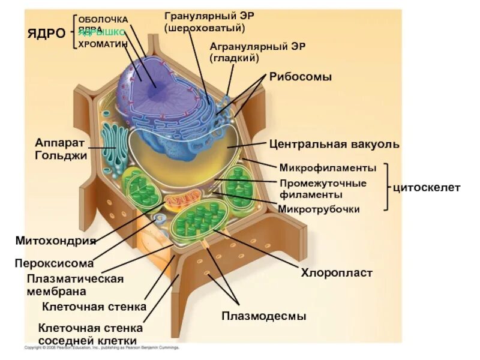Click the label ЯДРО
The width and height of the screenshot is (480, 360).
46,32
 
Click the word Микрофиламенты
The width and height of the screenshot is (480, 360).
328,167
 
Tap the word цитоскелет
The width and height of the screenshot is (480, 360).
427,188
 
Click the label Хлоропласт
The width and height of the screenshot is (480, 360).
337,273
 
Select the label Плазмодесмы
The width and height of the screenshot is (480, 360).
264,316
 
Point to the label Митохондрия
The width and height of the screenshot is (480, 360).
56,241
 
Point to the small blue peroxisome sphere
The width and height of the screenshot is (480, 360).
159,219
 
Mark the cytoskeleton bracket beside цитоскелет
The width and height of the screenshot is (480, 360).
387,187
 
